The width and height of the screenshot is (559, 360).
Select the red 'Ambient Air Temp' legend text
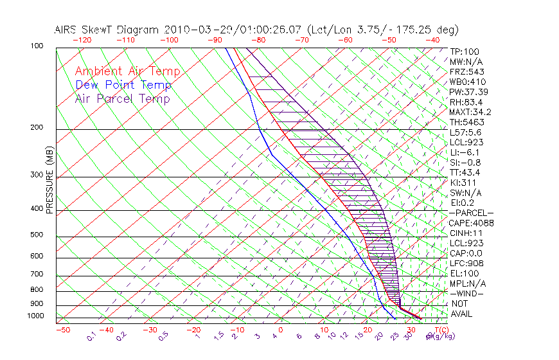pos(127,71)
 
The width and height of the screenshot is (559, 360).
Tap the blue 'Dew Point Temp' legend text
pos(123,85)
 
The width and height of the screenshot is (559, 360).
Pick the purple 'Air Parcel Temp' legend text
pos(122,98)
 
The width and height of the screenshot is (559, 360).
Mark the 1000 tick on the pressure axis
pos(36,316)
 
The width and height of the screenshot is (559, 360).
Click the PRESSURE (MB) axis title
pos(50,180)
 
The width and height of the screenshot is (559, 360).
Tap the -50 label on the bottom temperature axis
pos(62,330)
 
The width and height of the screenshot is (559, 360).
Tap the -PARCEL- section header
pos(471,213)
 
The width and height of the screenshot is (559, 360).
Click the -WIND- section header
pos(466,293)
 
